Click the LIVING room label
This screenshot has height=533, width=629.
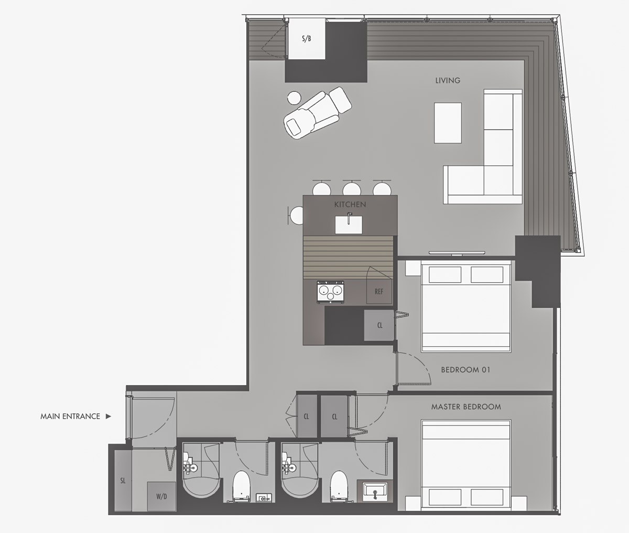click(x=448, y=80)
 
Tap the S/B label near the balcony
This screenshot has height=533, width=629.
click(x=307, y=39)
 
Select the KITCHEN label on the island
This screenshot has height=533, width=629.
click(x=350, y=205)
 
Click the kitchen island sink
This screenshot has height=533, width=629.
click(x=349, y=224)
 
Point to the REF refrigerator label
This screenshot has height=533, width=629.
click(x=379, y=292)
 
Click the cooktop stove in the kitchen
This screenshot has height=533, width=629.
click(x=330, y=292)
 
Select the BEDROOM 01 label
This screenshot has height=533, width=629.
click(x=465, y=370)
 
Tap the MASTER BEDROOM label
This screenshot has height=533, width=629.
click(x=466, y=407)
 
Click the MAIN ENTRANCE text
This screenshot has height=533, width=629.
click(x=70, y=417)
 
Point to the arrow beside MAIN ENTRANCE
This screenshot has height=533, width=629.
click(x=109, y=417)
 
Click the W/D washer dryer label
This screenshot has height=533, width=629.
click(x=161, y=497)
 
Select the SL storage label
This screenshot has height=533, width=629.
click(x=123, y=481)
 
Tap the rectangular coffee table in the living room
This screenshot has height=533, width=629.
click(x=448, y=123)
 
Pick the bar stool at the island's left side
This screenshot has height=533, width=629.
click(x=296, y=216)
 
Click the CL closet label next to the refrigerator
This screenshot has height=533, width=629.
click(x=380, y=325)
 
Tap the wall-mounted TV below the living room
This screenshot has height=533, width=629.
click(x=457, y=252)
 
